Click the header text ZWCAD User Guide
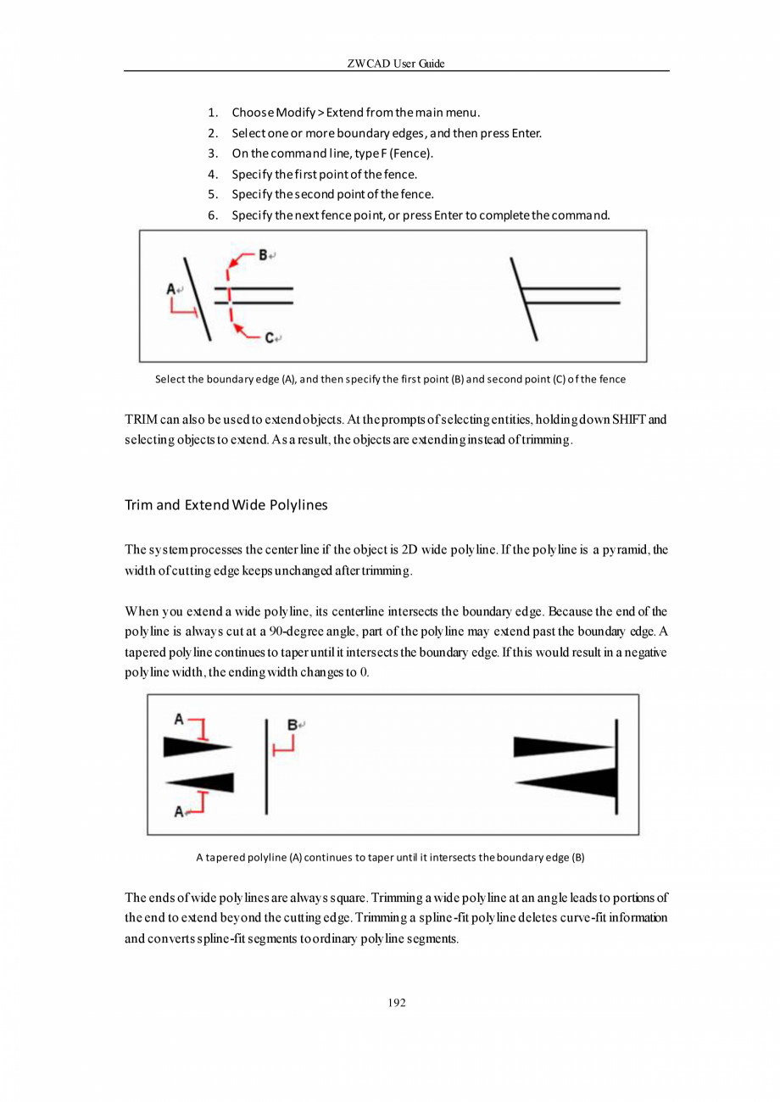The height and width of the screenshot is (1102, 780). (396, 64)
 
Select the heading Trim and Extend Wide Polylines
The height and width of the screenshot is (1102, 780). (226, 505)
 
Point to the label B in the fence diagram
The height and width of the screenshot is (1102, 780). (263, 254)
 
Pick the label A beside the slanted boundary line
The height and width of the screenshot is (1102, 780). (170, 289)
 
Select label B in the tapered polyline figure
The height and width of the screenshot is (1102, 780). (292, 725)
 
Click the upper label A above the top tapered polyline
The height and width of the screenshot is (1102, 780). (179, 720)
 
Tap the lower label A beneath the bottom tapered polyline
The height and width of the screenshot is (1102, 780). (179, 812)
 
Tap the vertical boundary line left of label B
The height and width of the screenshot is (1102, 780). (267, 766)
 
